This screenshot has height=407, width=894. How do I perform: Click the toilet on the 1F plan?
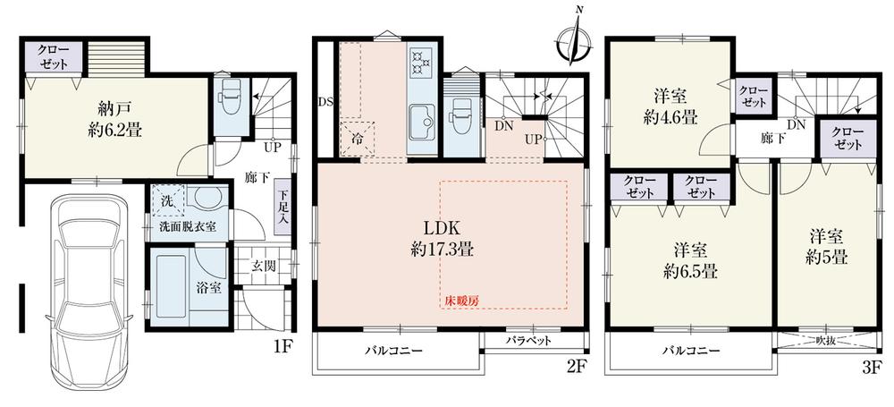click(x=232, y=102)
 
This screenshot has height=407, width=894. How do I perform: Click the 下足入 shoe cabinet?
click(x=283, y=208)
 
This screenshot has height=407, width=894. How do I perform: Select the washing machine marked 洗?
click(x=168, y=200)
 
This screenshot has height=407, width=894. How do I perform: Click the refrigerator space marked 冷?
click(x=357, y=138)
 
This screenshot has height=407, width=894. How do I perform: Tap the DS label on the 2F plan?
click(x=325, y=102)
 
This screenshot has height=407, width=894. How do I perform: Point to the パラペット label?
click(x=528, y=341)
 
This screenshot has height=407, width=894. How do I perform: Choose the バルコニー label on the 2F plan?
click(x=393, y=351)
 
